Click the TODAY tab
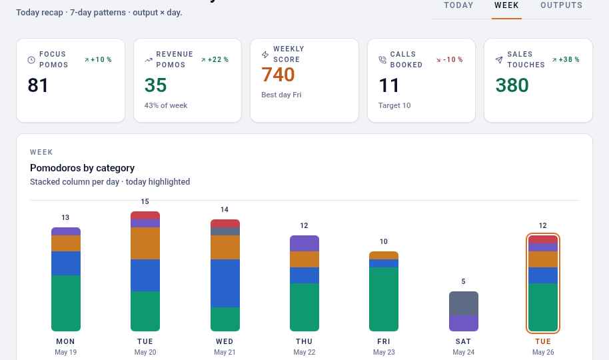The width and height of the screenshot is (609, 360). (458, 5)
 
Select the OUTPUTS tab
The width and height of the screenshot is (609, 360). (561, 5)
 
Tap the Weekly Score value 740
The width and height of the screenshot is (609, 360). (278, 75)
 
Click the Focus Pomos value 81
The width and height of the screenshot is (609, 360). (38, 85)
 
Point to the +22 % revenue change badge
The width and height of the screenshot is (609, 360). (215, 59)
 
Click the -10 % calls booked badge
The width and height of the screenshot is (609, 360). (449, 59)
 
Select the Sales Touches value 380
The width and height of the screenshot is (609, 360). (512, 85)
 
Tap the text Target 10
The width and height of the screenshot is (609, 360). (394, 105)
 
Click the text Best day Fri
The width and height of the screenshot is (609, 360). (281, 95)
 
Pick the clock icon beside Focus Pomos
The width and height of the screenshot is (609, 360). (31, 59)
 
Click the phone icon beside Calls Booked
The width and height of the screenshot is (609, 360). (382, 59)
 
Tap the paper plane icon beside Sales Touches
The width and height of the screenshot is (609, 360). (499, 59)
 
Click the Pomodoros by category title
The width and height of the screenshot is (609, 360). (83, 168)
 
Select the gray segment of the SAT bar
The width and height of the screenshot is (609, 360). (464, 303)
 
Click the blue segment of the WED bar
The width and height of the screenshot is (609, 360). (225, 283)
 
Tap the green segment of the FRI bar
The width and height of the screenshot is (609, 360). (384, 299)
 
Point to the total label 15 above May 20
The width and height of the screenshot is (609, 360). (145, 201)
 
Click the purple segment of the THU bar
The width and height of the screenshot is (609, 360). (304, 243)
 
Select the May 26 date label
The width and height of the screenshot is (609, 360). (543, 352)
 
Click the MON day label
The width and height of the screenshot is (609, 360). (66, 341)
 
